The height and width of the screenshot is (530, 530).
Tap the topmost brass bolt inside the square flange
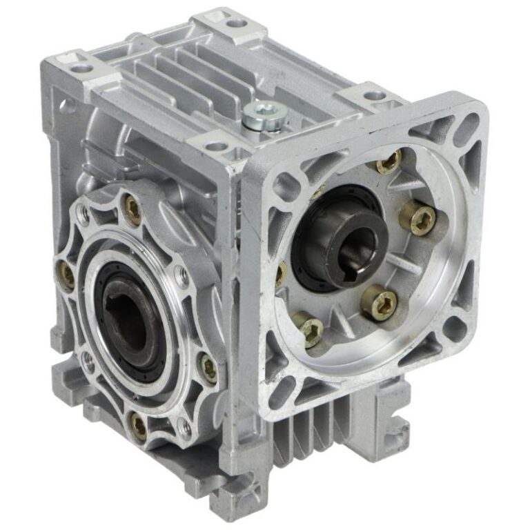[x=390, y=164]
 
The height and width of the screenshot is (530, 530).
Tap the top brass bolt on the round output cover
[x=132, y=209]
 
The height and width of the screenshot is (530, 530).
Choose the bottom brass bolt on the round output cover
[x=139, y=426]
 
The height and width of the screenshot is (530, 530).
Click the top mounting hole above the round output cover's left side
[x=81, y=68]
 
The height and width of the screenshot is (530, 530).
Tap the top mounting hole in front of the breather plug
[x=216, y=146]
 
